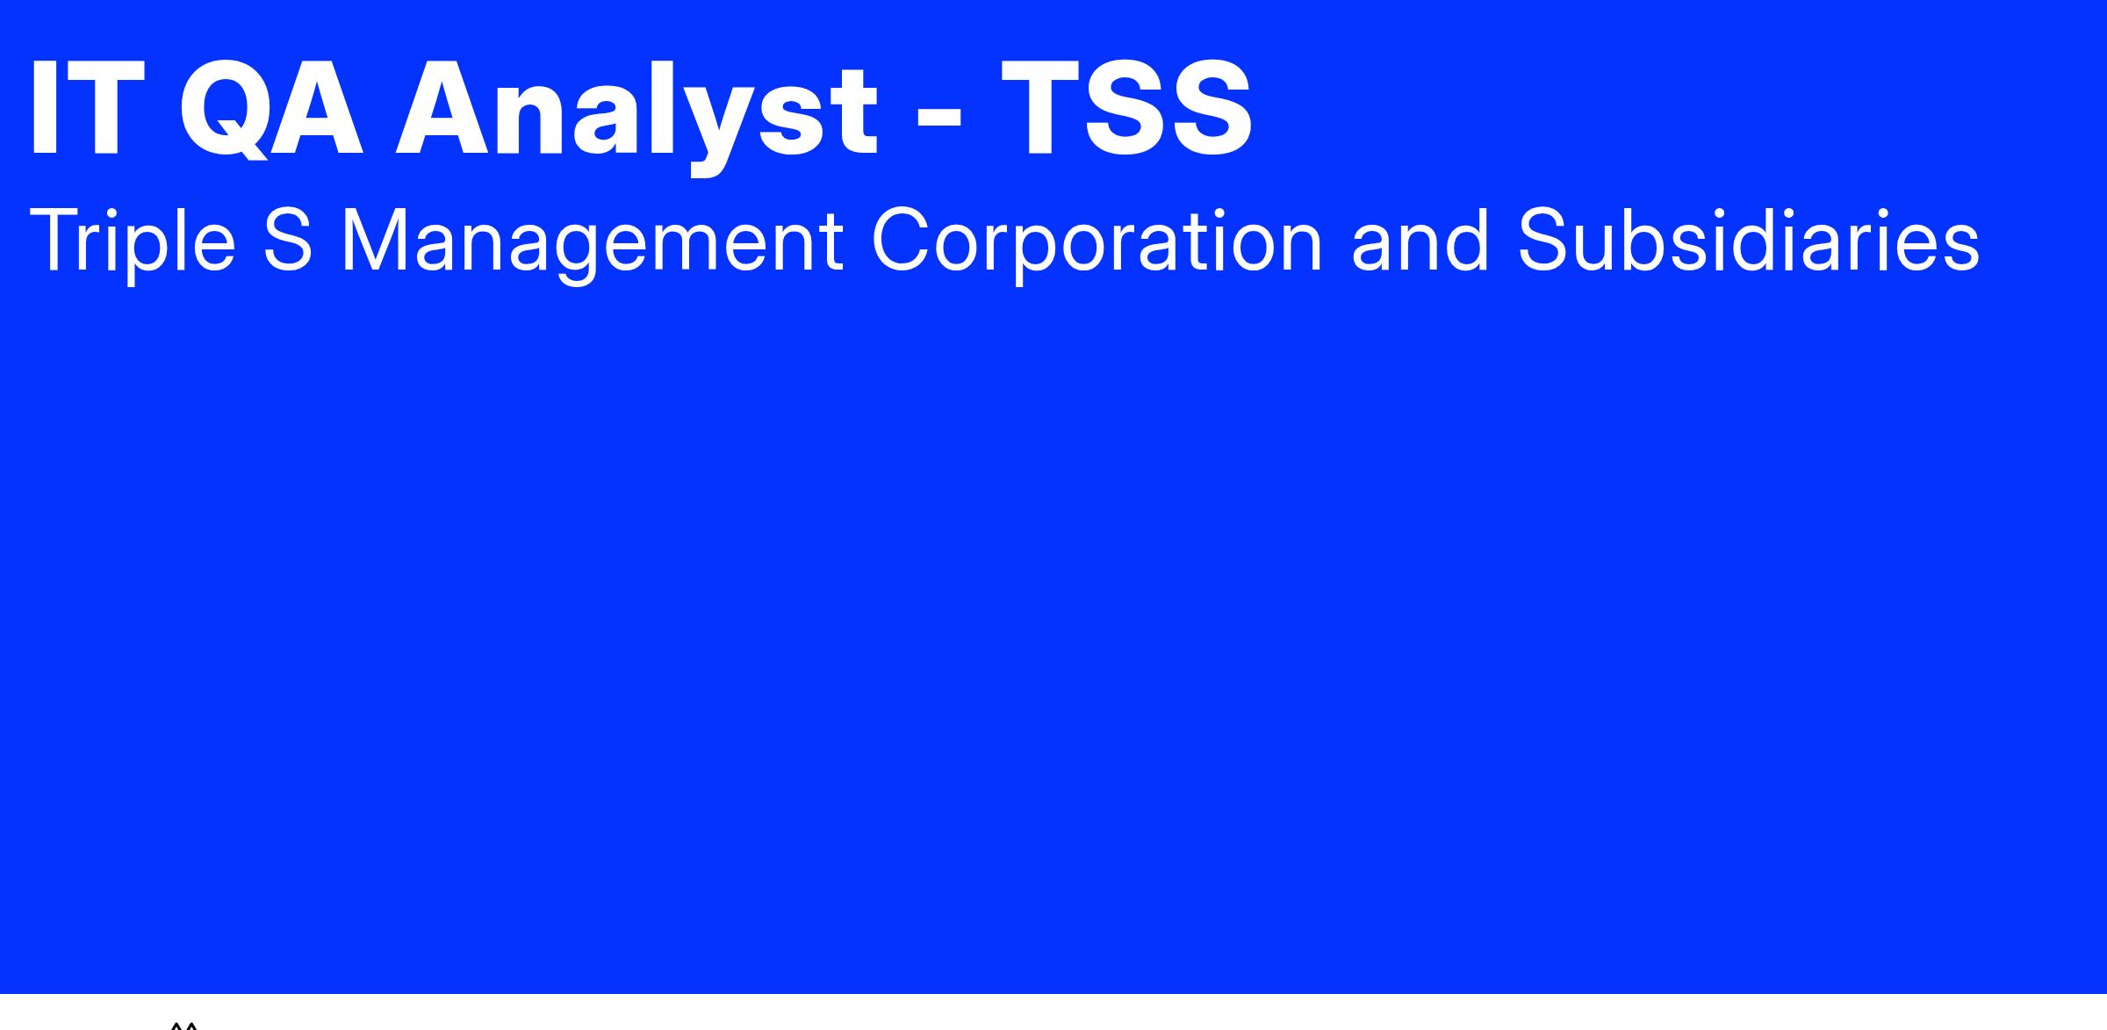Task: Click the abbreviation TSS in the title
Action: coord(1127,109)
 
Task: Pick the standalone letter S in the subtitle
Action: coord(288,240)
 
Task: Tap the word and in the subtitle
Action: coord(1420,240)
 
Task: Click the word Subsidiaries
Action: coord(1748,240)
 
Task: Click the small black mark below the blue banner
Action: coord(184,1025)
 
